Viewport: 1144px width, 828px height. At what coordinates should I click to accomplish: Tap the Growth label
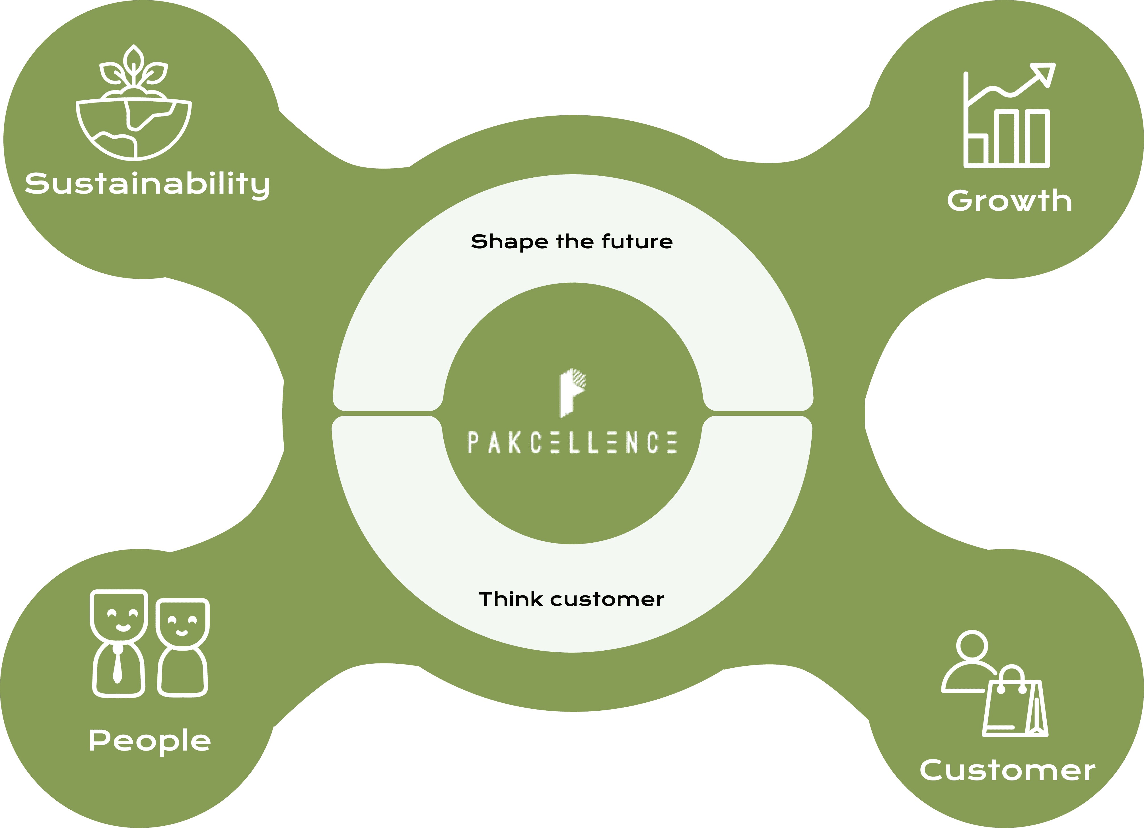click(x=1009, y=201)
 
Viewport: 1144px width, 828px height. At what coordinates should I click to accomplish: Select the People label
click(x=150, y=741)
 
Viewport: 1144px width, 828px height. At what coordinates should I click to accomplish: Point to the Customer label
click(x=1007, y=770)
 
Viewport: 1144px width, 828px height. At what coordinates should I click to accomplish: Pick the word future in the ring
click(x=637, y=242)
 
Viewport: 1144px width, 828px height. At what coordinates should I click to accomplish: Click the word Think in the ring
click(x=511, y=599)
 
